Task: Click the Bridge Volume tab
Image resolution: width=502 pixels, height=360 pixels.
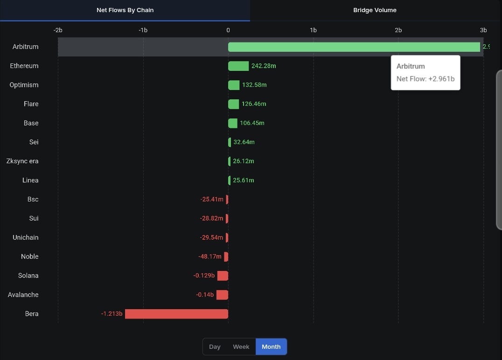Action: click(x=375, y=10)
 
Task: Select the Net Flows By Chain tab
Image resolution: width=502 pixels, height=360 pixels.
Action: click(x=125, y=10)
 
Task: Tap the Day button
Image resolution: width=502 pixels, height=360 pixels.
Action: click(x=215, y=347)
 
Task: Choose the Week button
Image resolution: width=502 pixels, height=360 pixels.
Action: click(x=241, y=347)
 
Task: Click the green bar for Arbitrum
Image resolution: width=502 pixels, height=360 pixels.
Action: click(x=354, y=47)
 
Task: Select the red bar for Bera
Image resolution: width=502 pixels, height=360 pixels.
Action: click(x=176, y=314)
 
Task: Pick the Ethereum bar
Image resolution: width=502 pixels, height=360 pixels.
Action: click(x=238, y=66)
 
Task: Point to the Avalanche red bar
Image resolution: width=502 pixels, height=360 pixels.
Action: click(x=222, y=295)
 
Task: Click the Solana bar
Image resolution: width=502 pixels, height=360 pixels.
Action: click(x=223, y=276)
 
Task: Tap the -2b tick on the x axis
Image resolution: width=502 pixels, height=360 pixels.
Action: click(x=58, y=30)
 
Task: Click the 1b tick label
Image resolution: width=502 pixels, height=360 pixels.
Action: click(x=313, y=30)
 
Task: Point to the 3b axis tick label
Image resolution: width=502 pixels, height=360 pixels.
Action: click(x=483, y=30)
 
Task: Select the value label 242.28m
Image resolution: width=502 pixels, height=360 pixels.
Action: click(x=264, y=66)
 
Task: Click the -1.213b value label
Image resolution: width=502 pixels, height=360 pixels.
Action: click(x=112, y=313)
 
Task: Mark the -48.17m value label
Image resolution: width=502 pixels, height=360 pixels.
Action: click(x=209, y=256)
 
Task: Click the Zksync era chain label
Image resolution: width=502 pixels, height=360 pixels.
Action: click(x=22, y=161)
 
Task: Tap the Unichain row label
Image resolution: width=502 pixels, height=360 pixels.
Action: click(x=26, y=237)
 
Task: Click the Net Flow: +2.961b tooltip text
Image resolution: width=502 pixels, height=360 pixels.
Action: click(x=425, y=79)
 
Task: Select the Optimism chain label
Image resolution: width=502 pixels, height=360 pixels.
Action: click(x=24, y=85)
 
